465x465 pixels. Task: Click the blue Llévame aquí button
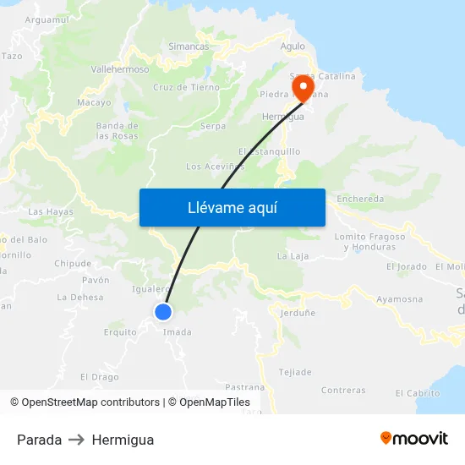click(232, 207)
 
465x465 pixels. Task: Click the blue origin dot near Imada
click(164, 312)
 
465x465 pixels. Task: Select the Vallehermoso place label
click(119, 69)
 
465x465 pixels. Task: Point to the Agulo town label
click(293, 46)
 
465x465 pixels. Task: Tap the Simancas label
click(189, 46)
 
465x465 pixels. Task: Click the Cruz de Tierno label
click(186, 87)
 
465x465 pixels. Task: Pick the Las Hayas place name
click(51, 212)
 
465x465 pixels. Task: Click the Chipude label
click(73, 264)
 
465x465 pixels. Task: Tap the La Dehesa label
click(79, 298)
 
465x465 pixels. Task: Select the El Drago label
click(99, 377)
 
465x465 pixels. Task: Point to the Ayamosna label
click(399, 299)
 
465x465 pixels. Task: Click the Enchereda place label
click(360, 200)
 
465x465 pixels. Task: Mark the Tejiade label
click(295, 372)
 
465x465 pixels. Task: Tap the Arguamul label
click(47, 19)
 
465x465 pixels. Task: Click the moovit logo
click(413, 438)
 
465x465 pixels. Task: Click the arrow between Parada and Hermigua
click(76, 440)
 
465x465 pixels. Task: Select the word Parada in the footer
click(39, 440)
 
